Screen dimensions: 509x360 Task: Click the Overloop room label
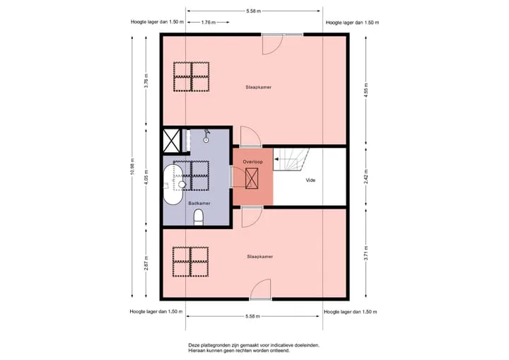coord(253,162)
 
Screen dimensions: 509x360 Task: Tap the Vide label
coord(310,180)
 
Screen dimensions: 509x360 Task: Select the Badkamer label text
coord(199,203)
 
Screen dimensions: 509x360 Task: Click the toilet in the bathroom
coord(199,217)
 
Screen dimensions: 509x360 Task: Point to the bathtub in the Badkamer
coord(173,185)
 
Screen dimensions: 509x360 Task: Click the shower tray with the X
coord(171,141)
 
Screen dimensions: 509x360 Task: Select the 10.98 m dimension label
coord(132,167)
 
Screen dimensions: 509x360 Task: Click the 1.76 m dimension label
coord(209,23)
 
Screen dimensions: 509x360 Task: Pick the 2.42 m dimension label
coord(366,177)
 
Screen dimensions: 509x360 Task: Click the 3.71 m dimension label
coord(366,253)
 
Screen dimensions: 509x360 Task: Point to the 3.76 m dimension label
coord(146,81)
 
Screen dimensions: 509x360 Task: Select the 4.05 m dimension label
coord(146,177)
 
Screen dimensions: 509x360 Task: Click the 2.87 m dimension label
coord(146,263)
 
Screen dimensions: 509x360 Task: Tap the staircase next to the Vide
coord(291,160)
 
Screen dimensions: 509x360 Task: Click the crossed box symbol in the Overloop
coord(252,178)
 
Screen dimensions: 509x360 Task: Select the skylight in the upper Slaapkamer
coord(191,76)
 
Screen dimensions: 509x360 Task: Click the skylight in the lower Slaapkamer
coord(191,262)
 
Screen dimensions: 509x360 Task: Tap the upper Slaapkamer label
coord(259,87)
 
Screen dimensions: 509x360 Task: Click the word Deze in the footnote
coord(194,345)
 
